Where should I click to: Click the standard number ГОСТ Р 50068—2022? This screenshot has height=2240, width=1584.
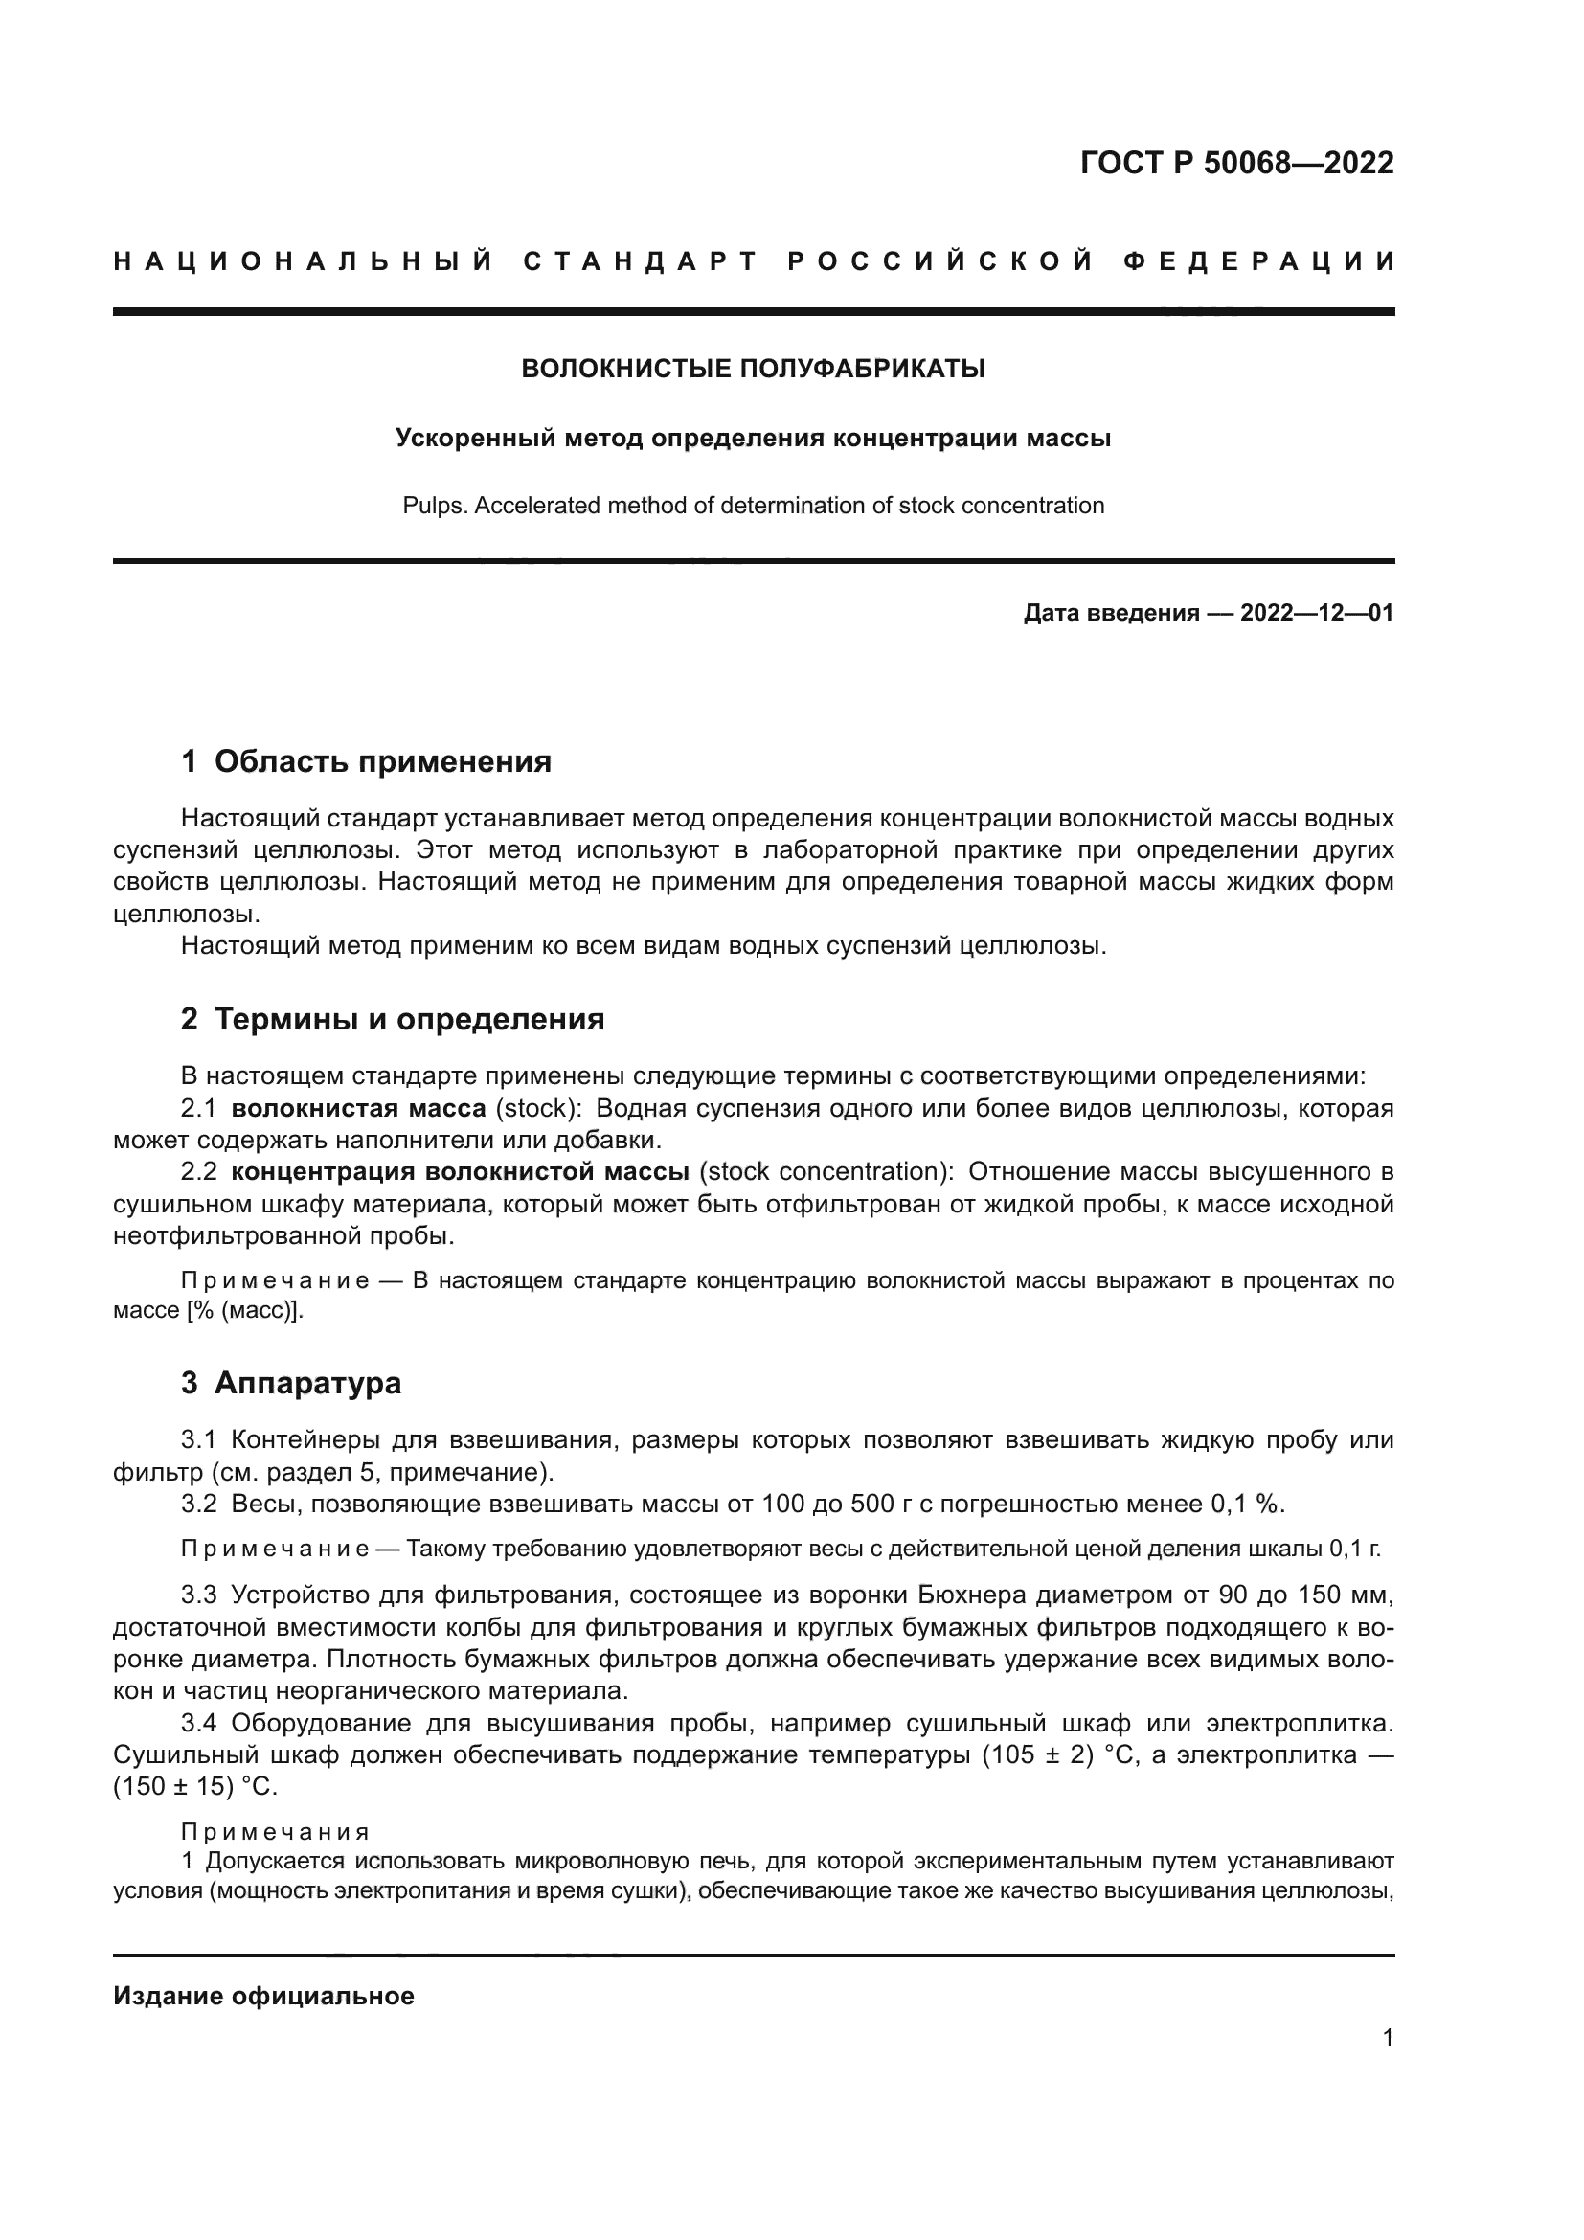click(x=1236, y=163)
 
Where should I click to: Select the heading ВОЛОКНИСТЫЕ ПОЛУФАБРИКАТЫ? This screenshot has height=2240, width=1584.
click(x=753, y=369)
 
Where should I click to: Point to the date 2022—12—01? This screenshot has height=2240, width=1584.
click(x=1317, y=613)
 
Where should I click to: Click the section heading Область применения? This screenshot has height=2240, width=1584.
click(x=382, y=761)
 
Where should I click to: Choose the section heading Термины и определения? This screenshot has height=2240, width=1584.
click(x=409, y=1020)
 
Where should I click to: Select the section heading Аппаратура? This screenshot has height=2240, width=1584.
click(x=307, y=1384)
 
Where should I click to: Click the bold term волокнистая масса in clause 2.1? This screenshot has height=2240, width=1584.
click(x=359, y=1108)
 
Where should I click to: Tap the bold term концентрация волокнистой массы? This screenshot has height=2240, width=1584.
click(x=461, y=1171)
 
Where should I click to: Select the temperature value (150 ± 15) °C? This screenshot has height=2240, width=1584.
click(x=196, y=1787)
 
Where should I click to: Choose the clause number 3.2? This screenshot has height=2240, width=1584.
click(x=199, y=1504)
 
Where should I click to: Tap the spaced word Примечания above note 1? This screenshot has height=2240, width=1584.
click(x=276, y=1832)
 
